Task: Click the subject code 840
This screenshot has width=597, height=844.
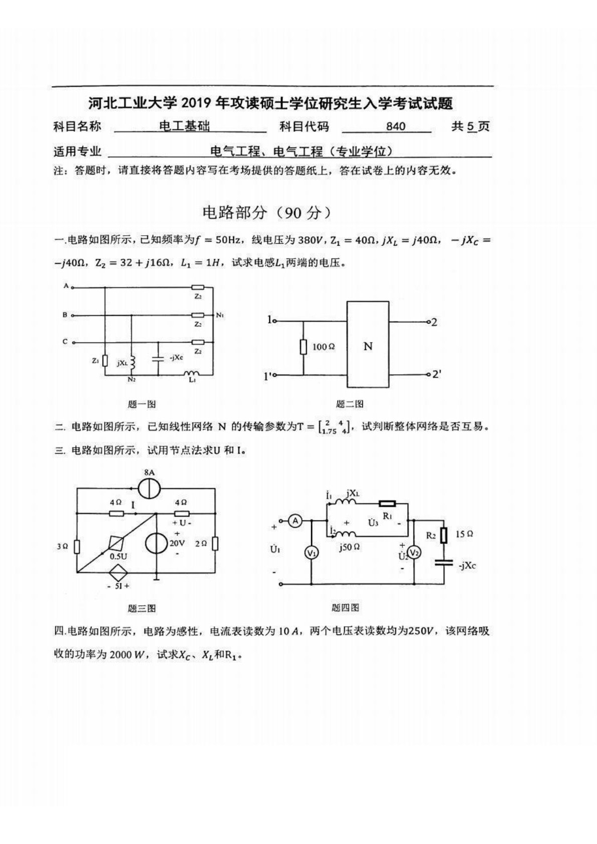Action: click(x=395, y=126)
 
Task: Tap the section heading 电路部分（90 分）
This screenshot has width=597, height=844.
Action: click(x=267, y=213)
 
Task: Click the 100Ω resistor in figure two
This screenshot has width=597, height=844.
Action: click(x=303, y=347)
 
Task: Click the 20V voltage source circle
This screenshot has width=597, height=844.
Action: click(x=157, y=543)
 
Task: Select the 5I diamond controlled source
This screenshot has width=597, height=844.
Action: click(x=118, y=572)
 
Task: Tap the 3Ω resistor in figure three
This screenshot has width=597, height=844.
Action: click(x=77, y=547)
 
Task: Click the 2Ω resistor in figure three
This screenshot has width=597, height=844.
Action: click(x=215, y=544)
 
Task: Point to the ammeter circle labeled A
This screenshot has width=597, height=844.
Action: click(x=295, y=522)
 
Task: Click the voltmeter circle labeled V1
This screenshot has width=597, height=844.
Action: click(x=312, y=553)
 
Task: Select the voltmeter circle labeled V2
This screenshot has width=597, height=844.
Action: click(x=414, y=553)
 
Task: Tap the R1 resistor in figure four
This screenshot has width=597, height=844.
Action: click(x=387, y=504)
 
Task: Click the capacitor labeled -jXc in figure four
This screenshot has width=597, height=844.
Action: click(x=444, y=563)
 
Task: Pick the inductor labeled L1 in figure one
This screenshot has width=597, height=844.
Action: click(x=191, y=374)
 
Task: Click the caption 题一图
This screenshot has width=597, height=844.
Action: click(x=142, y=404)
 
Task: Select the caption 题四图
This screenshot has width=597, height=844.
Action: click(x=345, y=608)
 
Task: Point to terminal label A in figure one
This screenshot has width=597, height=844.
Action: click(x=66, y=286)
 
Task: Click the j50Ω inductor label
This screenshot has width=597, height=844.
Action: click(x=349, y=547)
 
